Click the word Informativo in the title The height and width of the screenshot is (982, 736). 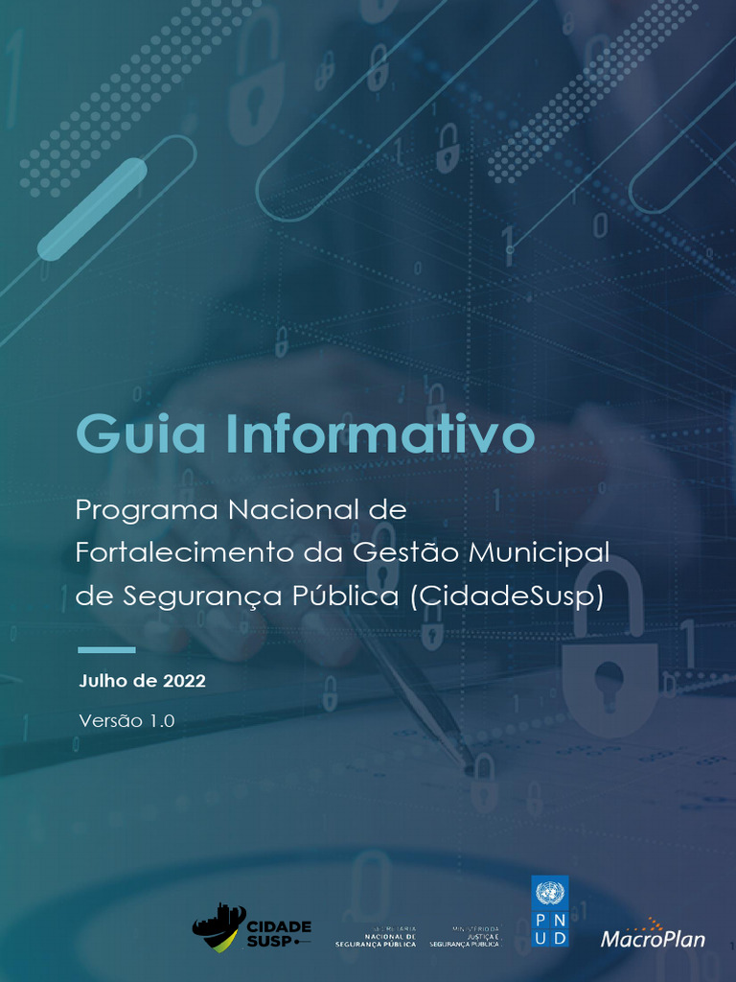[379, 434]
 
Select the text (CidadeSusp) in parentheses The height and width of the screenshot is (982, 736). [507, 596]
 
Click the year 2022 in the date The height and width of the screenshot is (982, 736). [184, 682]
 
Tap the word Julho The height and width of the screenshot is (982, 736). [103, 682]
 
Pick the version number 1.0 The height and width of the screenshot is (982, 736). [162, 721]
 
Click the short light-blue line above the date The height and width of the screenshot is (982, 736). [105, 650]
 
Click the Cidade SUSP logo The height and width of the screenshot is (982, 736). [252, 927]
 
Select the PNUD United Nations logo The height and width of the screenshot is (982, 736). [549, 911]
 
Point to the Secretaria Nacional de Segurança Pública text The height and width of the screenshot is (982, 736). [376, 937]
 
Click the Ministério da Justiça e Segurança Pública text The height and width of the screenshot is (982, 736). [465, 937]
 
